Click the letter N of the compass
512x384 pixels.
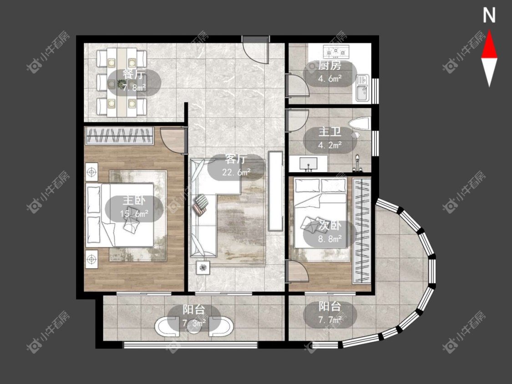tap(489, 15)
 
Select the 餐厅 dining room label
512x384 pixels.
tap(133, 74)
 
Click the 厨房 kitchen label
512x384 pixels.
tap(330, 66)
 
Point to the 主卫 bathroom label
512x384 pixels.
tap(330, 132)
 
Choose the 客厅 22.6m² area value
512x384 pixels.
tap(236, 172)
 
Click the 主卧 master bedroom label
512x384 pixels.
tap(134, 200)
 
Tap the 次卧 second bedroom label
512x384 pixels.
tap(330, 225)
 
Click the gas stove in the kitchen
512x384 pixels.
tap(336, 51)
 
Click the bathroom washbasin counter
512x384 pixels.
tap(308, 163)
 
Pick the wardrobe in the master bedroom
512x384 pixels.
tap(120, 136)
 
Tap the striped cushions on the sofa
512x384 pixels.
tap(200, 204)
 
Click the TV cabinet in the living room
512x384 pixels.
tap(275, 191)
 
